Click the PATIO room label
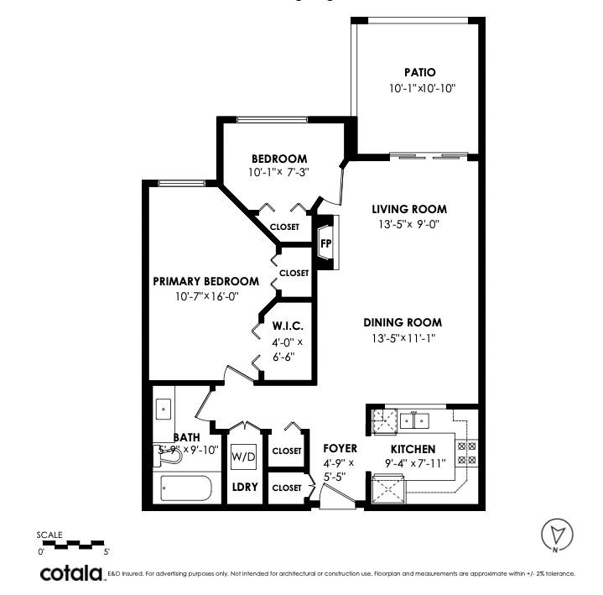pos(418,73)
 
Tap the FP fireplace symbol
pos(326,244)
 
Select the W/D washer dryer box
pos(244,457)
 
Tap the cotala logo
pos(71,573)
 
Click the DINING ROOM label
pos(403,322)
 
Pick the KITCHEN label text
pos(413,449)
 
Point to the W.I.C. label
pos(287,326)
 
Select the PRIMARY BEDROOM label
pos(205,281)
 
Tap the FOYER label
pos(340,449)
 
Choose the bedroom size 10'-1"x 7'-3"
pos(279,173)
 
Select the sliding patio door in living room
pos(428,155)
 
